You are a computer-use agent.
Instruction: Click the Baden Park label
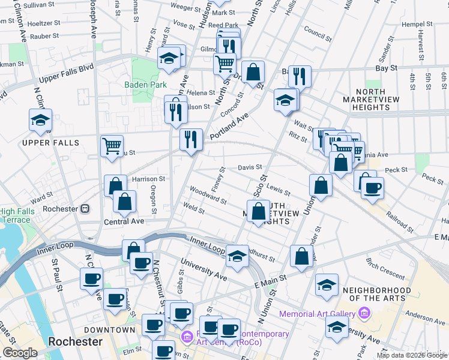[x=145, y=85]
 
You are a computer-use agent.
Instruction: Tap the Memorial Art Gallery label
[x=318, y=313]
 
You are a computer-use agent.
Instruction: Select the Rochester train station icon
[x=85, y=209]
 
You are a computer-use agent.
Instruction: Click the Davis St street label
[x=250, y=167]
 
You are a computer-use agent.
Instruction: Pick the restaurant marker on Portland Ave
[x=191, y=140]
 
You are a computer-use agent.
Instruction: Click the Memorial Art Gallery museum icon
[x=363, y=313]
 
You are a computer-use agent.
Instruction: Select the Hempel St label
[x=417, y=24]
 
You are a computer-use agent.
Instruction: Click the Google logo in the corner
[x=20, y=353]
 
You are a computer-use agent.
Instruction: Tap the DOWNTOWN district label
[x=110, y=330]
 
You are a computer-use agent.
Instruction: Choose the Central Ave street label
[x=124, y=221]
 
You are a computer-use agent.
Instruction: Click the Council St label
[x=318, y=30]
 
